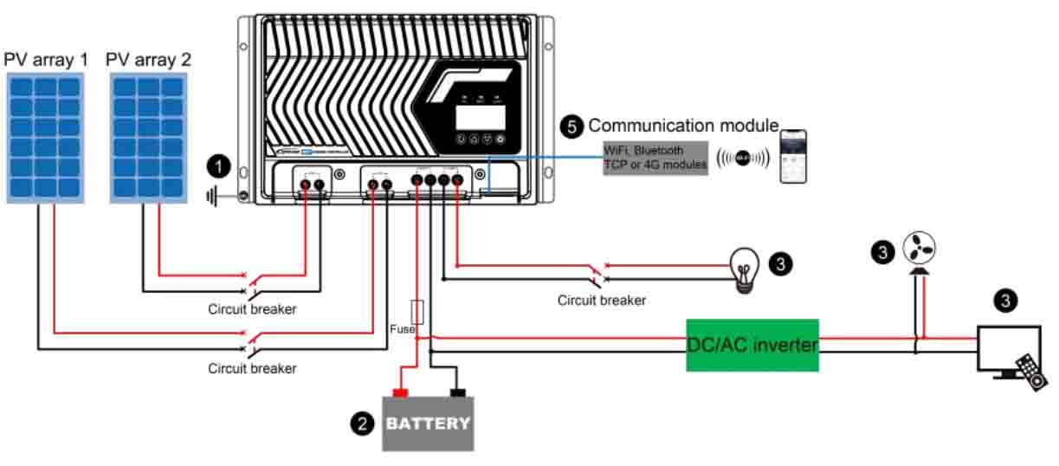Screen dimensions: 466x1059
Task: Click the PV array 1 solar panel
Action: point(46,138)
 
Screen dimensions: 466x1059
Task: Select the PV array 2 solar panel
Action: point(148,138)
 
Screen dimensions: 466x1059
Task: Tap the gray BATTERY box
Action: point(428,424)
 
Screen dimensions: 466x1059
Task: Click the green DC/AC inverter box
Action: point(752,345)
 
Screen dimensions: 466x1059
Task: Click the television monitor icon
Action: point(1008,350)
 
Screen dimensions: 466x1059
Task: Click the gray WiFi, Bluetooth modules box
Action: point(655,158)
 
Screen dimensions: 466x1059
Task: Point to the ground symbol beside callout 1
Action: point(212,197)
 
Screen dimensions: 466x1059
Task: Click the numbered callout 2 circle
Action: point(362,424)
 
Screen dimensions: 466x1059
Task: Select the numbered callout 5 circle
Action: point(571,126)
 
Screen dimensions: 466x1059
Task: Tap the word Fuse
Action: point(403,330)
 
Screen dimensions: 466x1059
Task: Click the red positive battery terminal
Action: point(400,393)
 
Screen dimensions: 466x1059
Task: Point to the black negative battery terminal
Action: point(456,393)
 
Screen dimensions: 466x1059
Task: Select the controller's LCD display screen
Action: point(474,119)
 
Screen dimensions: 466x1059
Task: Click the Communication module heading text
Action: point(683,126)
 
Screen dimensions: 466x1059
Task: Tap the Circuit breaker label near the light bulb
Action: point(601,301)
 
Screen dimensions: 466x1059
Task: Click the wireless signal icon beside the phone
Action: point(742,159)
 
